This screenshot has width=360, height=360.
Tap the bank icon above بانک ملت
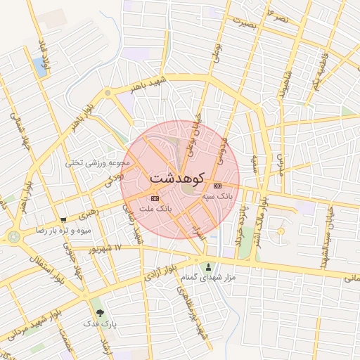[x=155, y=199]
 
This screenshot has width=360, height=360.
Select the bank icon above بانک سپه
[x=217, y=186]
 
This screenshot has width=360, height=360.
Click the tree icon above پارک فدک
[x=99, y=313]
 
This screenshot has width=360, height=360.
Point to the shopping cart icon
[x=64, y=220]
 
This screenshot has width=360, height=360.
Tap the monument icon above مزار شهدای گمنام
[x=208, y=266]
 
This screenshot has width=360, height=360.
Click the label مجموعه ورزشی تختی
[x=98, y=162]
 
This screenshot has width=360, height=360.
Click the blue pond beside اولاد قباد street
[x=39, y=67]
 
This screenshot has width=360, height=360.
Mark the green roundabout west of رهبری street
[x=13, y=238]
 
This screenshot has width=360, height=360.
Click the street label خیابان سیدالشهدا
[x=326, y=239]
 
